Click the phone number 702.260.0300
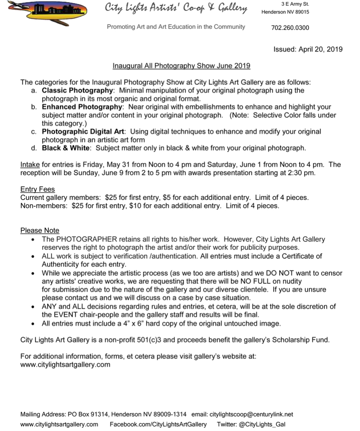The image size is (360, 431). pos(290,28)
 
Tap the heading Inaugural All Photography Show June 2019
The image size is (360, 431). pos(181,66)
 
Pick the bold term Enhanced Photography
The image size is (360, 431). pos(82,107)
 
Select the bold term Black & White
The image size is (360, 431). pos(66,148)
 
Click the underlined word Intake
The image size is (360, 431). pos(30,164)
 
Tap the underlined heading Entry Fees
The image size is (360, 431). pos(38,190)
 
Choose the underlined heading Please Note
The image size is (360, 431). pos(40,231)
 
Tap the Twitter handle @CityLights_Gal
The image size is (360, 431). pos(262,424)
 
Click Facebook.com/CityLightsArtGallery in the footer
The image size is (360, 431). pos(158,424)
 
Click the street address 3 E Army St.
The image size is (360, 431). pos(295,4)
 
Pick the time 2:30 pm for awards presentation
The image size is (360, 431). pos(301,173)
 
